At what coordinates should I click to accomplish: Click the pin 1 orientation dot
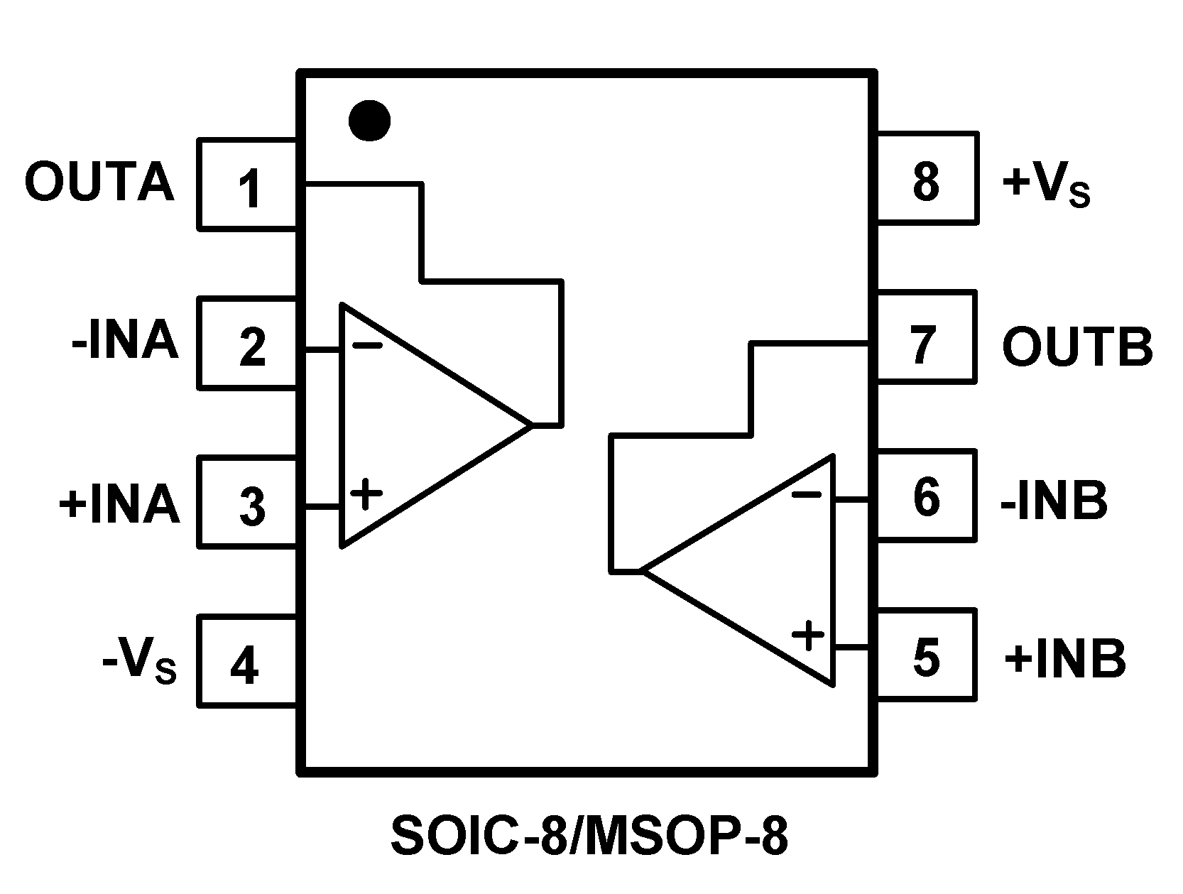(369, 120)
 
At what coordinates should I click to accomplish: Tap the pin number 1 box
(248, 185)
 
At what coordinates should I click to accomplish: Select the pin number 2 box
(248, 344)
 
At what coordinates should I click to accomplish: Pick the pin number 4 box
(248, 662)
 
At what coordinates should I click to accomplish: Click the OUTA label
(99, 182)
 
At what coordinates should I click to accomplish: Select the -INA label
(125, 342)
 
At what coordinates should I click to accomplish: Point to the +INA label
(119, 503)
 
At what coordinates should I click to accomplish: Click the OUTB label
(1076, 347)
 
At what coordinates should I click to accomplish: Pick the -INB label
(1054, 501)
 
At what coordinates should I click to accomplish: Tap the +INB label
(1065, 659)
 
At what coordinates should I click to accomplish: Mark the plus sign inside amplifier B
(808, 635)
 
